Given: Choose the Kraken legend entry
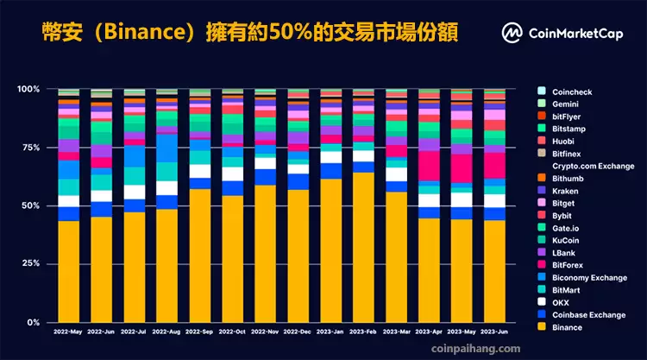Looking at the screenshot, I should click(566, 189).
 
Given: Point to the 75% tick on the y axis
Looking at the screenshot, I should click(28, 147).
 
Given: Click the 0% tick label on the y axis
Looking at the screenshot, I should click(31, 323).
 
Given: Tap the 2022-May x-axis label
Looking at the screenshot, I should click(68, 332).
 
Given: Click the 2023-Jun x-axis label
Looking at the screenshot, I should click(494, 332).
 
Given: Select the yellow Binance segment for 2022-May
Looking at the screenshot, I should click(68, 272).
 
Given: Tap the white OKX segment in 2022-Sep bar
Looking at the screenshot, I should click(199, 171).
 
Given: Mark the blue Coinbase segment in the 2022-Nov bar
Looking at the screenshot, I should click(265, 177).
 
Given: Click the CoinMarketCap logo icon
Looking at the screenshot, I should click(512, 33).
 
